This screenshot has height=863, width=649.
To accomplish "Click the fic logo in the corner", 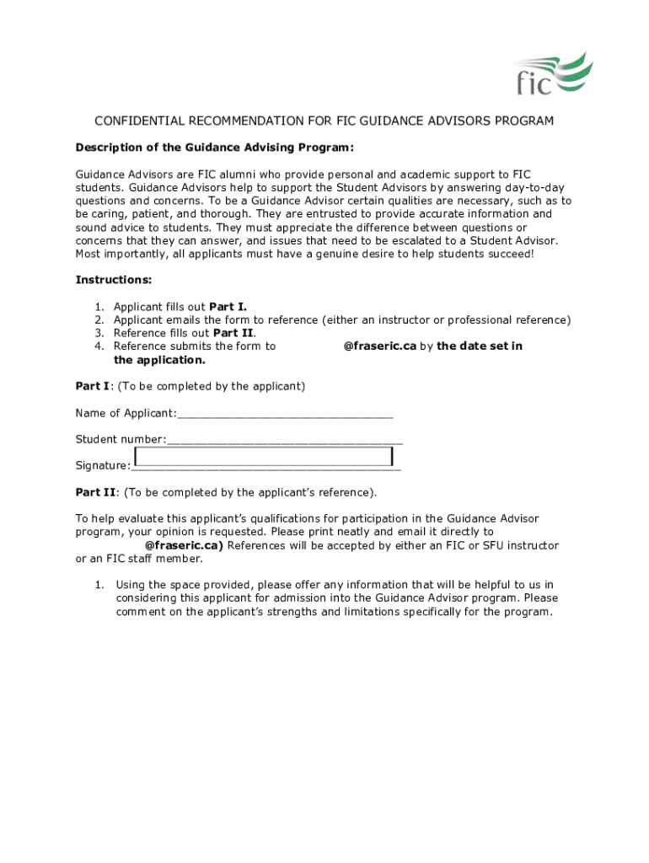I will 552,72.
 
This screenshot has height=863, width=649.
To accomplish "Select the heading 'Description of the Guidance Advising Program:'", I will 215,147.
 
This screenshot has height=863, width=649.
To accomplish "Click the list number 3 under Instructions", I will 99,333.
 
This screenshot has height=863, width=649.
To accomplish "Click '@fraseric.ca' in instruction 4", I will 380,346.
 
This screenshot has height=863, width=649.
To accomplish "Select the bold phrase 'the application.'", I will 159,360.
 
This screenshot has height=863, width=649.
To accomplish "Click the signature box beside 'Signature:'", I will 264,457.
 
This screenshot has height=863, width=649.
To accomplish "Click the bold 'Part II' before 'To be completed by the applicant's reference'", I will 93,493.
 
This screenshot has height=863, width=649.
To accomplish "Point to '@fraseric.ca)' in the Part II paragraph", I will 185,545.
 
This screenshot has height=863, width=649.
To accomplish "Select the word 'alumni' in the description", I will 238,174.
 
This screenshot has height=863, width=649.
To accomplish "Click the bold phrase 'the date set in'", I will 480,346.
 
